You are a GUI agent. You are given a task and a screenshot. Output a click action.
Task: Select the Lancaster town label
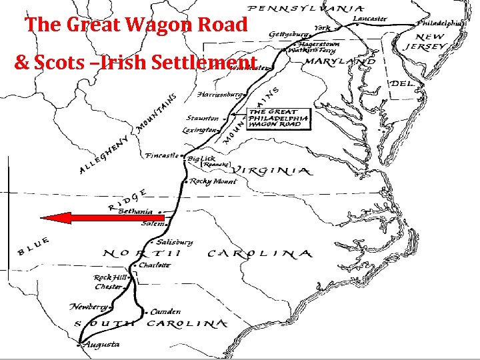click(369, 19)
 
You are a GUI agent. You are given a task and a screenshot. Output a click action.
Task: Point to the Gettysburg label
click(289, 33)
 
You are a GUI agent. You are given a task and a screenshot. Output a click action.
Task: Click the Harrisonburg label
click(219, 95)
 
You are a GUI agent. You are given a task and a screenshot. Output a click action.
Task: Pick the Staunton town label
click(202, 118)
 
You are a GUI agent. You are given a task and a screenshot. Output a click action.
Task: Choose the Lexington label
click(200, 130)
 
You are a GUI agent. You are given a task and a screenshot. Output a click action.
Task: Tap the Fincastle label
click(162, 156)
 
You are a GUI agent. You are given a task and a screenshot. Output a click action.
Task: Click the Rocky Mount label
click(213, 181)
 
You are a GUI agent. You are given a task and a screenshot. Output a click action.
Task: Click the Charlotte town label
click(155, 265)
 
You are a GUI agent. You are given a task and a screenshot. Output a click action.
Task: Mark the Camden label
click(165, 311)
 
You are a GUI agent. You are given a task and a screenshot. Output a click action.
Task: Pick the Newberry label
click(89, 307)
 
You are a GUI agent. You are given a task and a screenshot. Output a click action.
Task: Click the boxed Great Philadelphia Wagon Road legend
click(278, 119)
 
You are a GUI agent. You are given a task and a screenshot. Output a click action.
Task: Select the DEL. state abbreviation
click(402, 85)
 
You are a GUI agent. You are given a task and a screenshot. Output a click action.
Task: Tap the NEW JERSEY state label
click(426, 41)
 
